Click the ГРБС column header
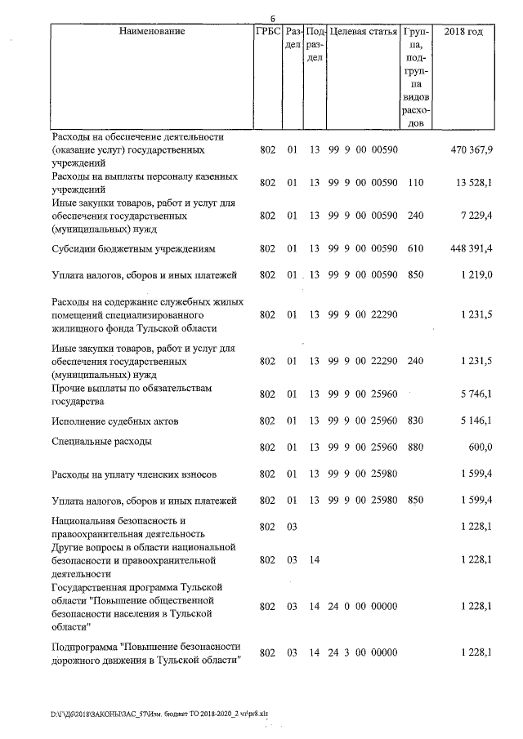click(268, 32)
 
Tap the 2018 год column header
click(463, 32)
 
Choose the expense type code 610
click(415, 247)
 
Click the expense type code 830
click(415, 421)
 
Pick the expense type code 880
click(415, 447)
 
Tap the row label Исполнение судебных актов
click(114, 421)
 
